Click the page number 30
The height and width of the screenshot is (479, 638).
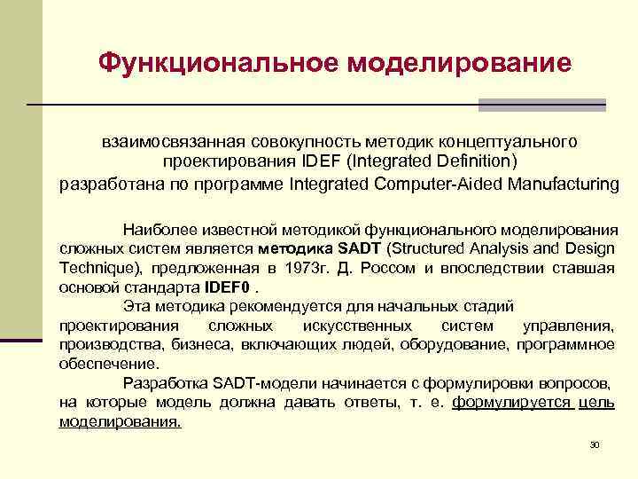[x=595, y=444]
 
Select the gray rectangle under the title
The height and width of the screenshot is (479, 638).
[x=541, y=105]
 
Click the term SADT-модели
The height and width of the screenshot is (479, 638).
[x=257, y=383]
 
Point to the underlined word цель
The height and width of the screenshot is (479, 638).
[x=596, y=403]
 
